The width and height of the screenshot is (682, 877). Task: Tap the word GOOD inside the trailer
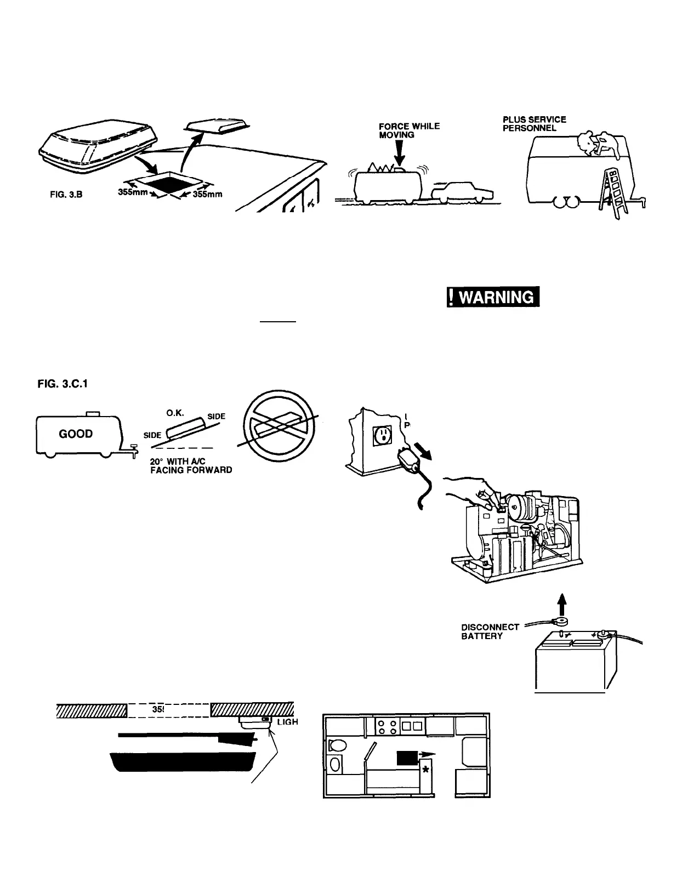coord(76,434)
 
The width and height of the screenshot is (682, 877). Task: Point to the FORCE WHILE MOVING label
coord(409,130)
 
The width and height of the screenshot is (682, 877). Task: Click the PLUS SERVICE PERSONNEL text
coord(534,123)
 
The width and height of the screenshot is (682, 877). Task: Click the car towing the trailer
coord(462,193)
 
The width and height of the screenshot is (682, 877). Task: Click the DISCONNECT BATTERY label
coord(489,631)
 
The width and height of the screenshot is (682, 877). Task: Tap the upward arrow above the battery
coord(565,605)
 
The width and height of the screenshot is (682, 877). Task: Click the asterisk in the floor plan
coord(425,770)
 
